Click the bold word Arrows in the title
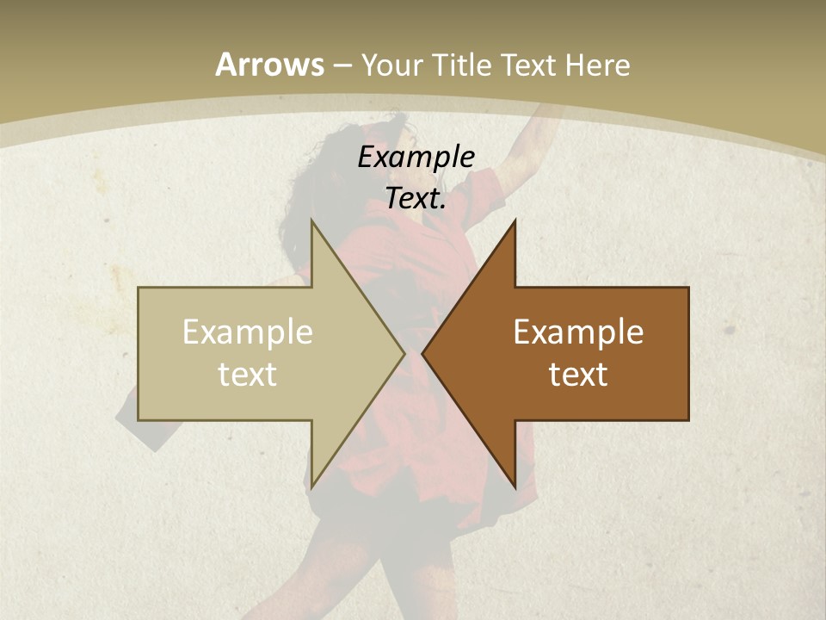click(268, 65)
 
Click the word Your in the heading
click(391, 65)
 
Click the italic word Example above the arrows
click(416, 157)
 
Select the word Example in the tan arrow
click(248, 332)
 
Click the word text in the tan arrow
click(248, 375)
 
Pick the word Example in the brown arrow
click(578, 332)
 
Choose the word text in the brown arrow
click(578, 375)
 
